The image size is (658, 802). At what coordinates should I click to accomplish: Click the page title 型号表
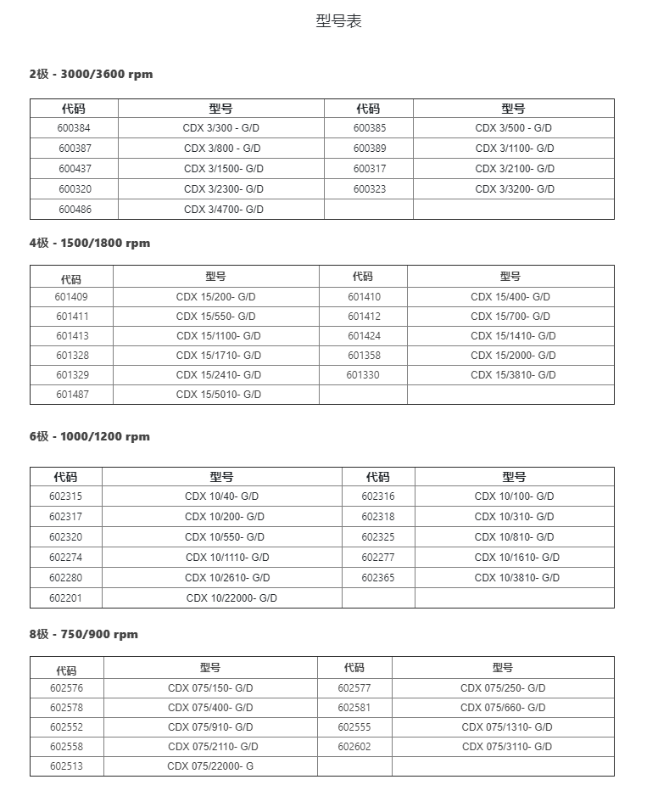point(338,22)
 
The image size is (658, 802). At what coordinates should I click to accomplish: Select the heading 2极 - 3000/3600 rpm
point(92,74)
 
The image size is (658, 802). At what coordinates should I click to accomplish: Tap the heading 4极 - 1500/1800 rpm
point(90,243)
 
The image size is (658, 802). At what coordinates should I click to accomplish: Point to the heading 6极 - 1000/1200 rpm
point(90,436)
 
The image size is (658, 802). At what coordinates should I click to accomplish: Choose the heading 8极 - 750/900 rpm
point(84,634)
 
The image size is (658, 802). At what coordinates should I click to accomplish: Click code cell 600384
point(75,128)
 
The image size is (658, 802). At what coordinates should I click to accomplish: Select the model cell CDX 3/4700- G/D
point(224,210)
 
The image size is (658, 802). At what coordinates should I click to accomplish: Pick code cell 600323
point(370,189)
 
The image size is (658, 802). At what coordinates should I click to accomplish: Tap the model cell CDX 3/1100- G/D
point(515,149)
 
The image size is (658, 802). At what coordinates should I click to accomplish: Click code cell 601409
point(72,297)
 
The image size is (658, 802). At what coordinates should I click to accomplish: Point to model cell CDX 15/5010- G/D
point(219,395)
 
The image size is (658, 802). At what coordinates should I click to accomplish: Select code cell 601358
point(365,356)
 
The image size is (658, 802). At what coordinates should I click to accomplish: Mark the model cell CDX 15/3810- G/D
point(513,375)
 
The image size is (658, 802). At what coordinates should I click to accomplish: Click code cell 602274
point(66,558)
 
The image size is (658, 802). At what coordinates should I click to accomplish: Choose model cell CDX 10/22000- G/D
point(231,598)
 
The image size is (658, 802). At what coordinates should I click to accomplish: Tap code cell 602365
point(378,578)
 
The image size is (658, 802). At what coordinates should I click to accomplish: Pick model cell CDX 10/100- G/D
point(514,496)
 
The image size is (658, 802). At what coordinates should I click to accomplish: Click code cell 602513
point(66,766)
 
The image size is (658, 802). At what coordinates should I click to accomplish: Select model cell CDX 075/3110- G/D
point(507,747)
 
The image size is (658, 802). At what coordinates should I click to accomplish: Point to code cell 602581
point(354,708)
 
